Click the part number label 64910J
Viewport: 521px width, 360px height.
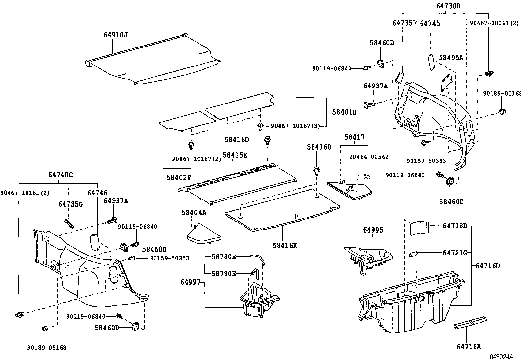tap(116, 35)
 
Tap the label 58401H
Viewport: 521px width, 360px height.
tap(344, 112)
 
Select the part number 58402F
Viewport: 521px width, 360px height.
tap(179, 178)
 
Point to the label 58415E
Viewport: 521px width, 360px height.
tap(235, 155)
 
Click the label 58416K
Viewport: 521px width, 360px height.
tap(285, 245)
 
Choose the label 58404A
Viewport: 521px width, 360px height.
tap(194, 212)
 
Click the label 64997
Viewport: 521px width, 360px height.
tap(190, 282)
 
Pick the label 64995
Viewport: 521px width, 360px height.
tap(373, 230)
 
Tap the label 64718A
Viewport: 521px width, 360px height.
tap(469, 347)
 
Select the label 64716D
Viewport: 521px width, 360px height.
tap(488, 266)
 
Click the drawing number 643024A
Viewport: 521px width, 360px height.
tap(501, 357)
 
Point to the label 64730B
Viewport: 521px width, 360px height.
tap(448, 6)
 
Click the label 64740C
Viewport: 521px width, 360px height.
tap(61, 175)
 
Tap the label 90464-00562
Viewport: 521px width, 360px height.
tap(369, 157)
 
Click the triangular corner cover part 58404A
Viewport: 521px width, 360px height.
tap(205, 235)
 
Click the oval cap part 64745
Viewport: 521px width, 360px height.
tap(431, 62)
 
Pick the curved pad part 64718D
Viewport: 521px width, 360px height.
tap(419, 228)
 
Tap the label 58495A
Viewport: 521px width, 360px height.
tap(451, 58)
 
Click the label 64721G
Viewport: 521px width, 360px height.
tap(455, 253)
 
